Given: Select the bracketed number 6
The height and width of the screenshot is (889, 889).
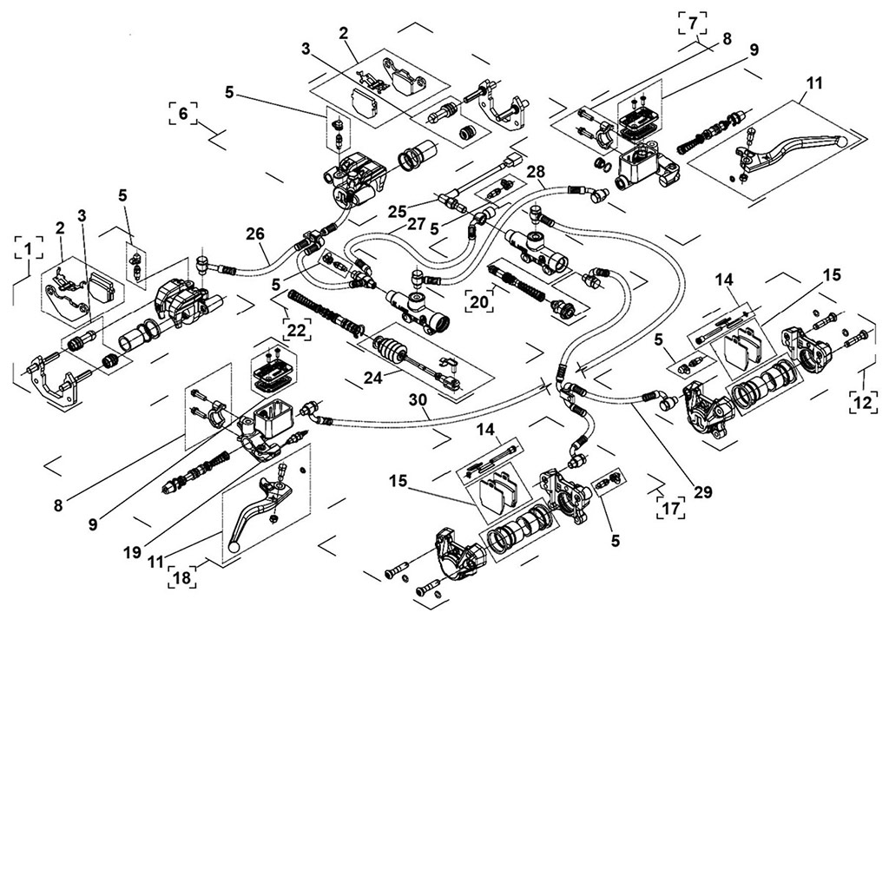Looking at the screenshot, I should (182, 114).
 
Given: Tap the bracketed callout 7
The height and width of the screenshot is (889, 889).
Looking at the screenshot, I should (692, 23).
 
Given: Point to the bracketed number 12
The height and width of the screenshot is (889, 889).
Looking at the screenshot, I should (863, 402).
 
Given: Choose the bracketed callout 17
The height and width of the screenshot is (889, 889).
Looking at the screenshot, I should (669, 507).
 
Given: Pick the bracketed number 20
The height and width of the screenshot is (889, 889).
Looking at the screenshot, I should (479, 300).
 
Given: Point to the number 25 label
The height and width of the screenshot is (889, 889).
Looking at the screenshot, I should (398, 211).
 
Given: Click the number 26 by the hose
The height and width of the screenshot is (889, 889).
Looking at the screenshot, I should (254, 234).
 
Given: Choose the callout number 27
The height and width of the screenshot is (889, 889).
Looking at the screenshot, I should (416, 223).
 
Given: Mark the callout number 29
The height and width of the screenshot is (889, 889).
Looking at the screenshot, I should (702, 491).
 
